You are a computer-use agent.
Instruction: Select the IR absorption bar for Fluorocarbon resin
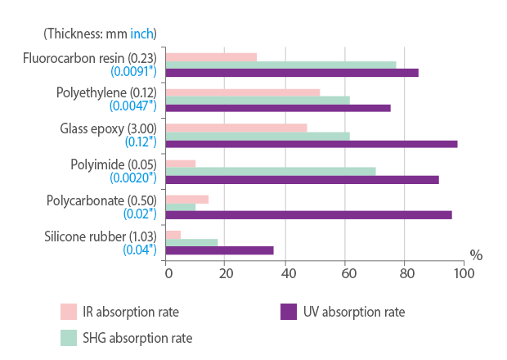tap(211, 57)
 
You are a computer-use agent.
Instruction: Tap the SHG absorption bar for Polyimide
tap(271, 172)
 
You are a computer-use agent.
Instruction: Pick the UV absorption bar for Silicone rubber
tap(220, 250)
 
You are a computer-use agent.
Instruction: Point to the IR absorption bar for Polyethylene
tap(243, 92)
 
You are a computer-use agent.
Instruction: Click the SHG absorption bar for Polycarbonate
tap(181, 207)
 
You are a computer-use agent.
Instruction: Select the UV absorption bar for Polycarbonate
tap(309, 215)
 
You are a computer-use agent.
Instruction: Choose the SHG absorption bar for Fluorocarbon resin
tap(280, 65)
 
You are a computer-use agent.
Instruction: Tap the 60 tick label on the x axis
tap(345, 272)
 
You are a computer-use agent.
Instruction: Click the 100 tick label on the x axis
tap(464, 272)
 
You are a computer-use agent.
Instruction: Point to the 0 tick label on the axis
tap(167, 272)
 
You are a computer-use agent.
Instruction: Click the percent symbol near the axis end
tap(476, 255)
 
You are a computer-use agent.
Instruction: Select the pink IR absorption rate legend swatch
tap(69, 312)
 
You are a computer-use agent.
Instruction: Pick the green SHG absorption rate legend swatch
tap(69, 337)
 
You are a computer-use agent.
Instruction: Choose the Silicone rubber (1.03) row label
tap(101, 236)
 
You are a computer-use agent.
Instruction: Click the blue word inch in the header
tap(141, 34)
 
